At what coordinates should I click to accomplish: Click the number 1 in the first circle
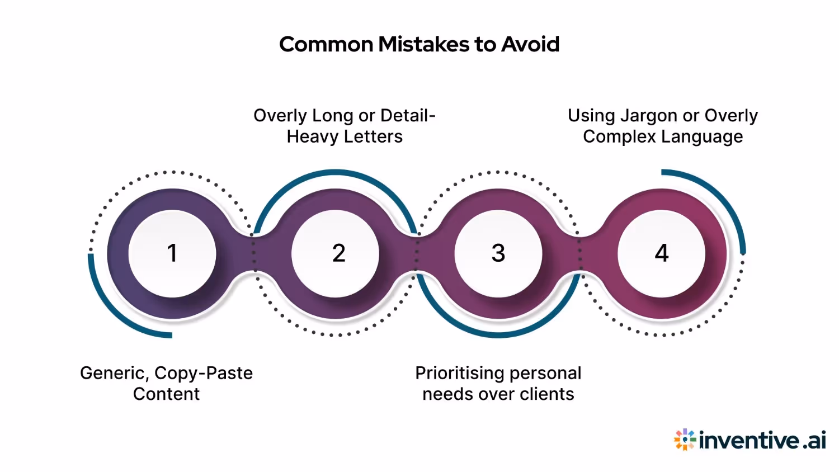(x=172, y=253)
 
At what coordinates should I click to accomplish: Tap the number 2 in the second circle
(x=338, y=253)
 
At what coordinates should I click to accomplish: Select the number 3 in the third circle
(x=498, y=253)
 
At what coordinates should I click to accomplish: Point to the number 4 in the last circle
(x=662, y=253)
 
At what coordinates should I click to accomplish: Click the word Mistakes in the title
(x=424, y=44)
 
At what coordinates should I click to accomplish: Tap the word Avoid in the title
(x=530, y=44)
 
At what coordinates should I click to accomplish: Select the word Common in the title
(x=326, y=44)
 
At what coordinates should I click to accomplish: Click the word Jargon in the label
(x=649, y=116)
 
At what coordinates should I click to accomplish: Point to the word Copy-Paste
(x=204, y=373)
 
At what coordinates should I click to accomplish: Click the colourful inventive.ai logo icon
(x=685, y=440)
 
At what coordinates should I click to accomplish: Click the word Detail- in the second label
(x=408, y=116)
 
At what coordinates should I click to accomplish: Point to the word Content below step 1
(x=166, y=394)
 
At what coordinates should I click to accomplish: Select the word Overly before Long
(x=280, y=116)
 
